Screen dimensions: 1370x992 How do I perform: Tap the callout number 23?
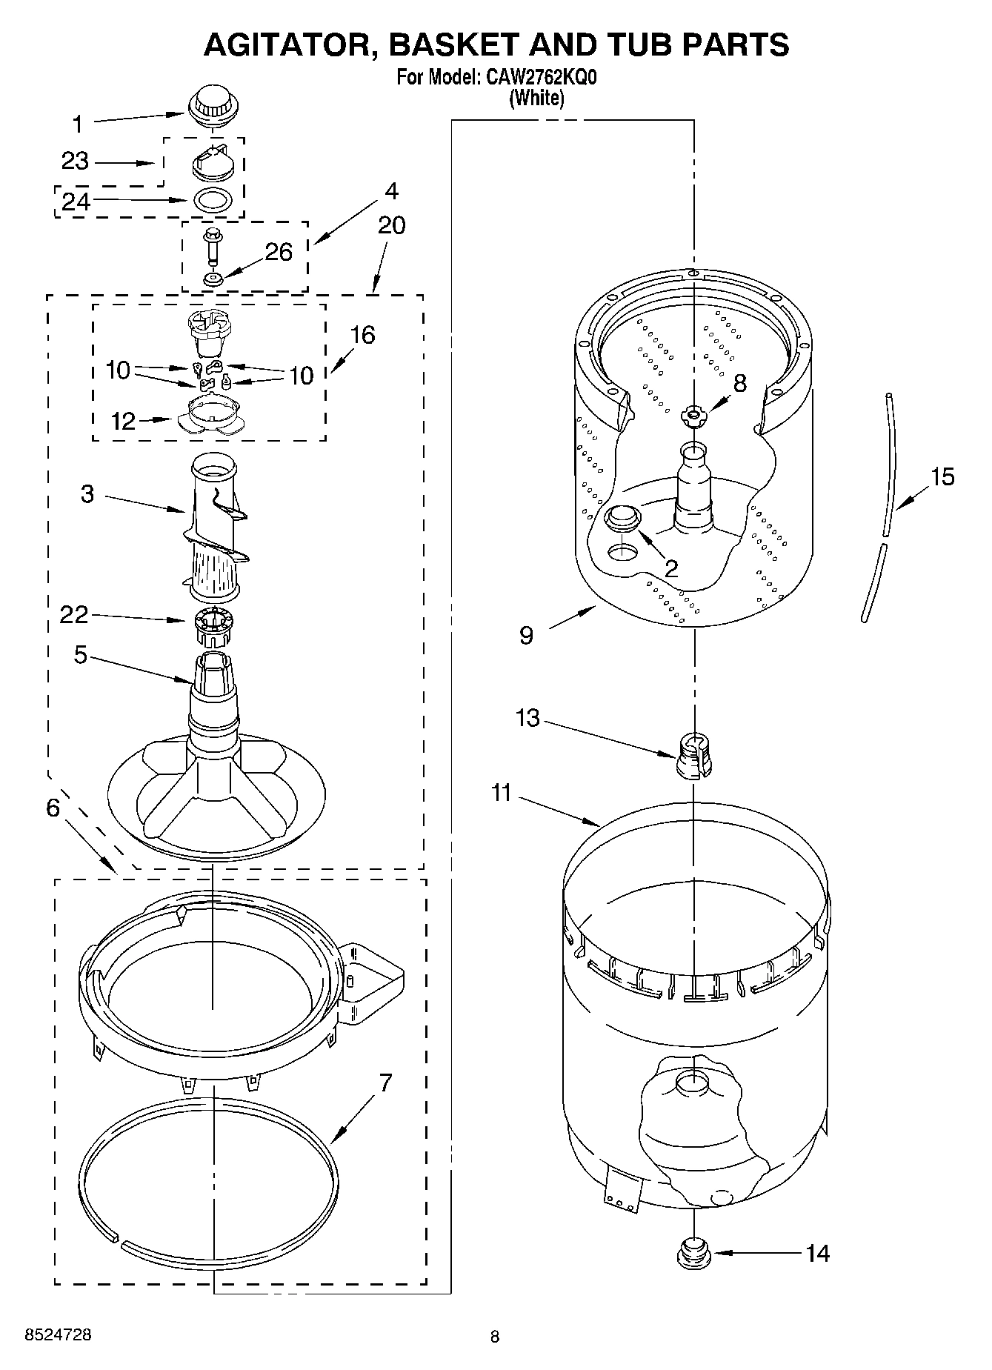click(75, 161)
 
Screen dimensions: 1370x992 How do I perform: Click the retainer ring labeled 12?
click(212, 414)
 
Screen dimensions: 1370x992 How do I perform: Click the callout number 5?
click(80, 655)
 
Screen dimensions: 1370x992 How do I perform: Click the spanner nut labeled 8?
click(695, 415)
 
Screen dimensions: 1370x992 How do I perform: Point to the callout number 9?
click(526, 635)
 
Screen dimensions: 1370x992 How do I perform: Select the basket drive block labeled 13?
click(694, 755)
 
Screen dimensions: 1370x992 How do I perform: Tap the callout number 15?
click(942, 476)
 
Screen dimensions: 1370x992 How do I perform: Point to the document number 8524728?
click(59, 1335)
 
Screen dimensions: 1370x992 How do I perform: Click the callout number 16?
click(362, 335)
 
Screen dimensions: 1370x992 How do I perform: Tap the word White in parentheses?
click(537, 99)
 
